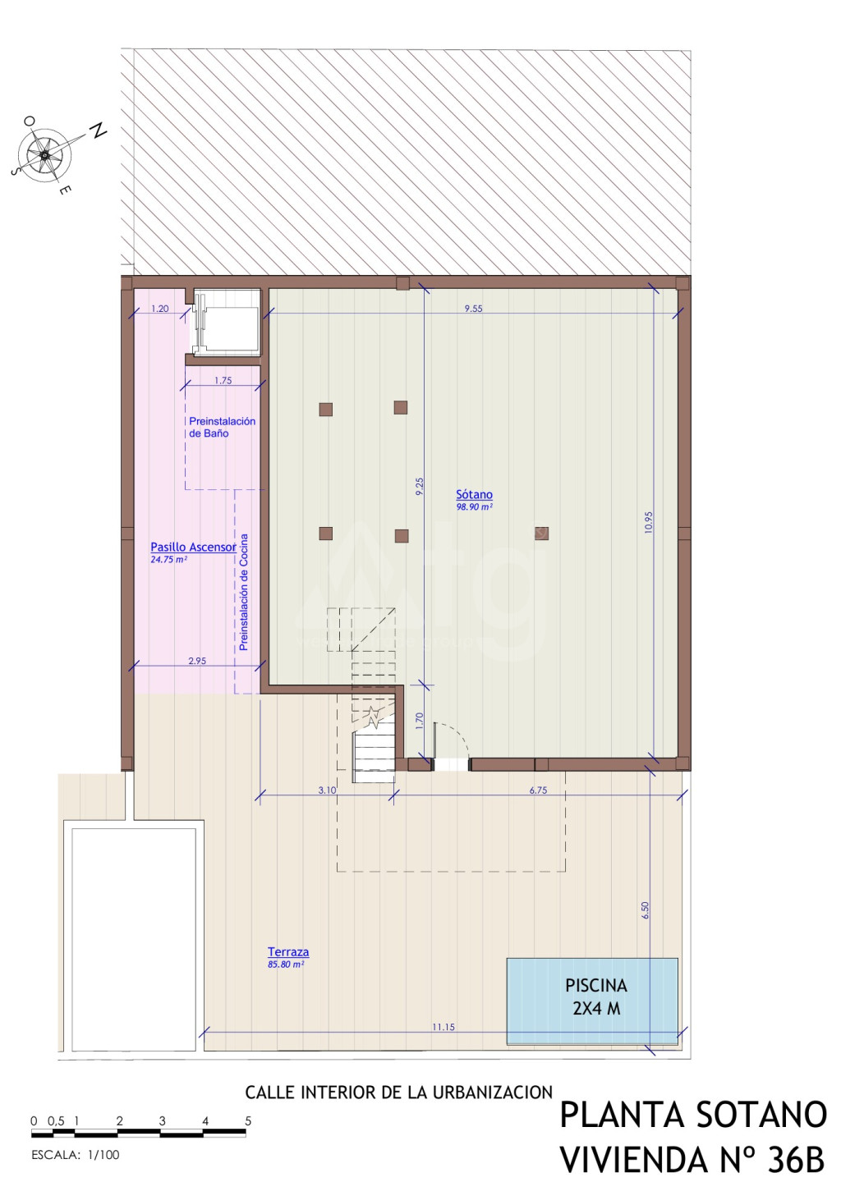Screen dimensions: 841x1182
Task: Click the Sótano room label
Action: [x=474, y=494]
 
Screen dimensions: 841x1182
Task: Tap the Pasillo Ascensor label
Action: [x=193, y=547]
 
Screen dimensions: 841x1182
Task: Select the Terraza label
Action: [x=288, y=952]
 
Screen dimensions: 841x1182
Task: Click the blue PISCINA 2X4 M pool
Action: [x=592, y=1001]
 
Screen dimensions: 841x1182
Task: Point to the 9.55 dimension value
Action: [x=474, y=309]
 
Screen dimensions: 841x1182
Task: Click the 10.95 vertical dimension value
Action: [x=649, y=522]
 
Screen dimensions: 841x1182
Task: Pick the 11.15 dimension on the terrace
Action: [x=443, y=1027]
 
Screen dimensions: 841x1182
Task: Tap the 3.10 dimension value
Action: [x=328, y=790]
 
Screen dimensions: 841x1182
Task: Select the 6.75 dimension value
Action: [x=539, y=790]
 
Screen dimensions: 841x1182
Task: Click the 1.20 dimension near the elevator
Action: [x=160, y=309]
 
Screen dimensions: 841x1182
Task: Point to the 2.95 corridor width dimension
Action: [x=197, y=661]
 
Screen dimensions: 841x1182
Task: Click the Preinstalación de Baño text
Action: [x=223, y=427]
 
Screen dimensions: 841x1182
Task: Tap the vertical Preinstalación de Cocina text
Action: [x=243, y=592]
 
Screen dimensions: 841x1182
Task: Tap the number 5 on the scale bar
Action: [x=248, y=1116]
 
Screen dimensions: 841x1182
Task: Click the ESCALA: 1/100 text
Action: [x=76, y=1155]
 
